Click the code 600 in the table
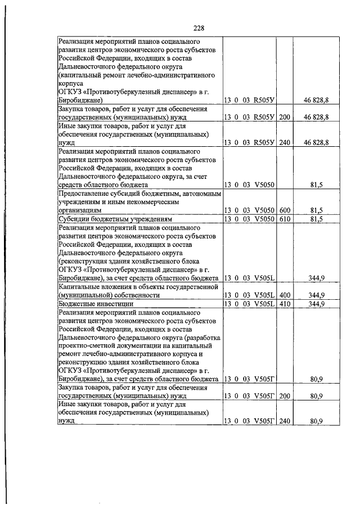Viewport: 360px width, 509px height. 284,210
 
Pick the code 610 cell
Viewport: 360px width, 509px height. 284,218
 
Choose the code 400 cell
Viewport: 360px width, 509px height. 284,295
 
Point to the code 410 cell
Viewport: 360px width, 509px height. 284,304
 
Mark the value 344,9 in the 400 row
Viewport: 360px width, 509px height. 317,295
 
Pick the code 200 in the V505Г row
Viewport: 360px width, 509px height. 284,397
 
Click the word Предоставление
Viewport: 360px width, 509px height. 85,193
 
